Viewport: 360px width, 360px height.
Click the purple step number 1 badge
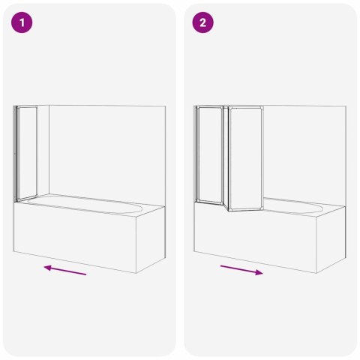coord(24,23)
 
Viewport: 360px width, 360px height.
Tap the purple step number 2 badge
coord(203,23)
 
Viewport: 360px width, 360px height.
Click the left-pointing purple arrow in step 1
coord(64,270)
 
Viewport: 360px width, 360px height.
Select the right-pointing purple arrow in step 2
coord(241,270)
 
